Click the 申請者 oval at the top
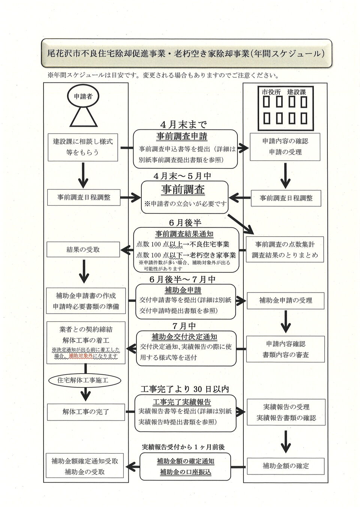(83, 97)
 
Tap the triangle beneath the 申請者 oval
(83, 118)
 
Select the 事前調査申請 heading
(181, 136)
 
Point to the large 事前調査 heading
(183, 190)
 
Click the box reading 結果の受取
(83, 249)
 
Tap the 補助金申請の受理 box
(286, 300)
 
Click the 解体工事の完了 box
(86, 412)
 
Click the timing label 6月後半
(185, 223)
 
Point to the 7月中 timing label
(184, 326)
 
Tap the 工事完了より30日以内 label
(184, 389)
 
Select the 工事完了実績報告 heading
(185, 402)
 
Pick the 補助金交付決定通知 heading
(184, 336)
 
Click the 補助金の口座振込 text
(185, 472)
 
